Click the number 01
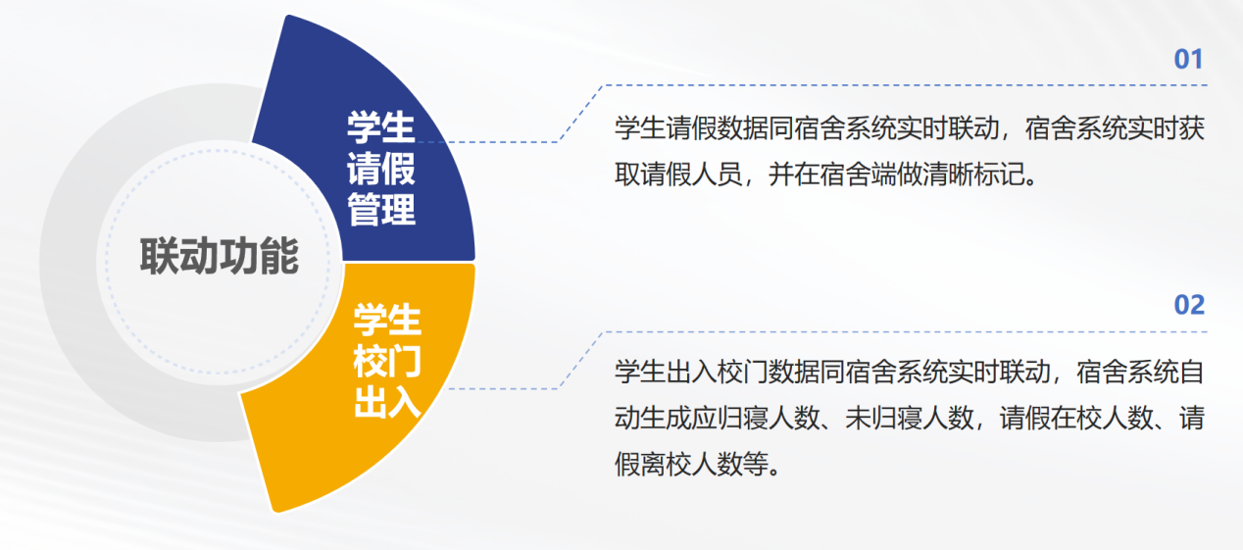tap(1188, 60)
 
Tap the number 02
tap(1189, 305)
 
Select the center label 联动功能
tap(220, 257)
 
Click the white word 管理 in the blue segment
tap(381, 210)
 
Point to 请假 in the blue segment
tap(381, 169)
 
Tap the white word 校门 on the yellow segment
tap(387, 361)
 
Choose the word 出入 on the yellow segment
tap(387, 402)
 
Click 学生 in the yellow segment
tap(387, 320)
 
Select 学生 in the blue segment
tap(381, 127)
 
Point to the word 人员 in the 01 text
tap(718, 175)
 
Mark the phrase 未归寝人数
tap(910, 418)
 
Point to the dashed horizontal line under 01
tap(906, 85)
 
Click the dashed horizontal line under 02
tap(906, 332)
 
